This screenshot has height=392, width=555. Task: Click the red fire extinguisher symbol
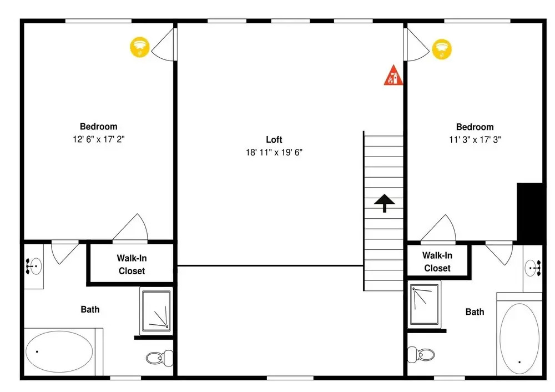coord(393,76)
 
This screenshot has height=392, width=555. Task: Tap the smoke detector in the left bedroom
coord(140,47)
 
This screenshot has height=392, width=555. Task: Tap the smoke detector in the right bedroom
coord(442,49)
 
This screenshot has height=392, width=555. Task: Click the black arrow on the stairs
coord(385,203)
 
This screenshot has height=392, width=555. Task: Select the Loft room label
coord(274,139)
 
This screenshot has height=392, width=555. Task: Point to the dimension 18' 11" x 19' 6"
coord(274,152)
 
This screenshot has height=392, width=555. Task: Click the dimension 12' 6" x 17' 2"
coord(99,139)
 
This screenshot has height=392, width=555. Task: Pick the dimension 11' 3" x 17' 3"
coord(475,139)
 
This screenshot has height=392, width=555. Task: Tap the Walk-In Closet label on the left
coord(132,264)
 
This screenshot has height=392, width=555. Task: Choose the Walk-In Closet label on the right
coord(437,262)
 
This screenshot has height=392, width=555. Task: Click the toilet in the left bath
coord(160,358)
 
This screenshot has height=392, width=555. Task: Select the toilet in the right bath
coord(421,354)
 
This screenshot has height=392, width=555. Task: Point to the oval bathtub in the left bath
coord(59,351)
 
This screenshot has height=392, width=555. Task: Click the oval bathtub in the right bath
coord(519,338)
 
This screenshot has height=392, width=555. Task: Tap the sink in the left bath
coord(34,267)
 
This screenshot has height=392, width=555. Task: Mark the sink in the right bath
coord(533,268)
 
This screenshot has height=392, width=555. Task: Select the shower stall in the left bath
coord(157,311)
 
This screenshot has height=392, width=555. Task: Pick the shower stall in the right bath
coord(425,304)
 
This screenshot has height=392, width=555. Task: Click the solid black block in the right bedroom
coord(530,213)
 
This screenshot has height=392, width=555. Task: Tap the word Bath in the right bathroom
coord(475,312)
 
